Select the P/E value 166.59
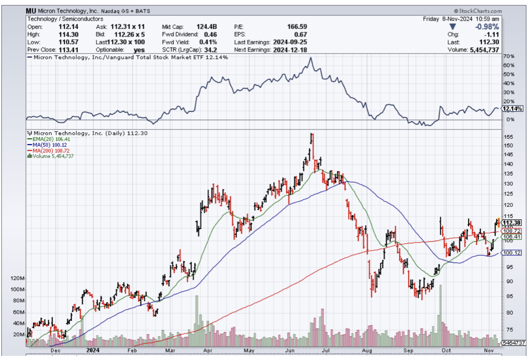click(x=297, y=27)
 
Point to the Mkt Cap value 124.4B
click(x=207, y=27)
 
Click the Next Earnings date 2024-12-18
click(x=289, y=50)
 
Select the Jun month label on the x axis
click(x=288, y=350)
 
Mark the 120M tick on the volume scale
click(x=17, y=279)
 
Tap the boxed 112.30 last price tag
click(x=512, y=222)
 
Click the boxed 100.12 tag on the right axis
click(x=512, y=253)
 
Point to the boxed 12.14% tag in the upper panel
click(x=512, y=109)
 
